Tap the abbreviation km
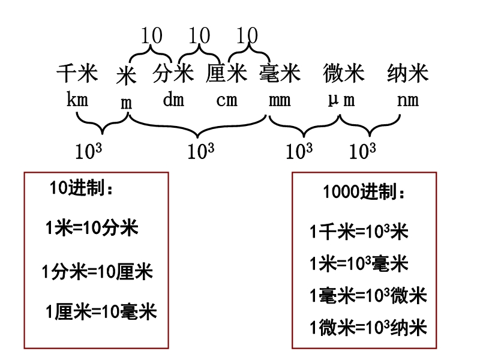click(x=77, y=99)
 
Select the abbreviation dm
click(x=173, y=100)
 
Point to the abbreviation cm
click(x=227, y=100)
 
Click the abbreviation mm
click(x=280, y=100)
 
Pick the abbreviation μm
click(x=341, y=100)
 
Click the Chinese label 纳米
click(x=408, y=74)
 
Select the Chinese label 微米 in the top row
click(x=343, y=74)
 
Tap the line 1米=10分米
click(x=92, y=228)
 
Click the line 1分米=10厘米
click(x=98, y=272)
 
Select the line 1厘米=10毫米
click(x=101, y=312)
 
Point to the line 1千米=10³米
click(x=359, y=232)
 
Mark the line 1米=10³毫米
click(x=359, y=263)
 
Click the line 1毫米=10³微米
click(x=368, y=296)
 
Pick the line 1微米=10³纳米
click(x=368, y=328)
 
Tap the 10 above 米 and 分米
click(x=152, y=36)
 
